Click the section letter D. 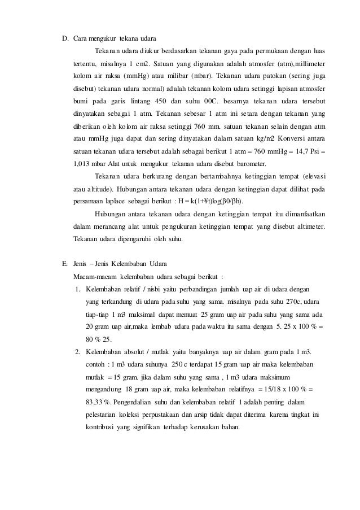(65, 38)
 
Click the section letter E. (65, 264)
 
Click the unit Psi (318, 152)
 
